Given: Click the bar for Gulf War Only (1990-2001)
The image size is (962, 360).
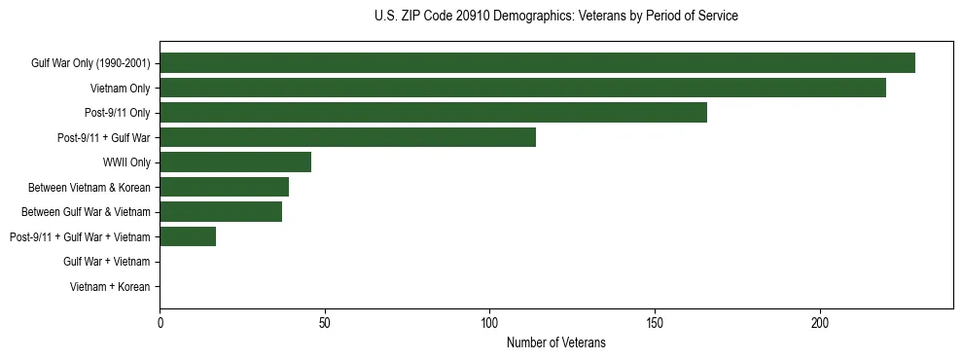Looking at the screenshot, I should tap(537, 63).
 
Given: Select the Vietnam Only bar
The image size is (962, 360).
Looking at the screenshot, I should tap(522, 88).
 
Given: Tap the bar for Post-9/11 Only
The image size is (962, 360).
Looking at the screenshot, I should tap(433, 113).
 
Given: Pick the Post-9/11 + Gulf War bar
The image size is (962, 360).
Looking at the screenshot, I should tap(347, 137).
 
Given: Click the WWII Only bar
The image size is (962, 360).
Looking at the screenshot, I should tap(235, 162).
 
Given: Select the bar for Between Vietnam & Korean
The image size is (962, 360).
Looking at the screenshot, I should tap(224, 187).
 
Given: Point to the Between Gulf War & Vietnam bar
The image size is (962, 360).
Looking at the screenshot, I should tap(221, 212).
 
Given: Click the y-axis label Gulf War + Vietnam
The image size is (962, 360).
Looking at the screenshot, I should tap(106, 262).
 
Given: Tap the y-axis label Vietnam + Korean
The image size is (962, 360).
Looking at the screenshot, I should tap(110, 287).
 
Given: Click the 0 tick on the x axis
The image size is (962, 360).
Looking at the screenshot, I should tap(160, 322).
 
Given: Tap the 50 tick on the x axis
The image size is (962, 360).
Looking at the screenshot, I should tap(325, 322).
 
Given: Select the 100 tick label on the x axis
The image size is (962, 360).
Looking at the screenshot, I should tap(489, 322).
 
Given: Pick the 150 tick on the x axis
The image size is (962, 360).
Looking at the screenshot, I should tap(655, 322).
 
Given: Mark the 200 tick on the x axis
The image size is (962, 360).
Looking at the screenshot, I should tap(820, 322).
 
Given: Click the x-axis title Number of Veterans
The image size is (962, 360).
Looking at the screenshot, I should tap(555, 342).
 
